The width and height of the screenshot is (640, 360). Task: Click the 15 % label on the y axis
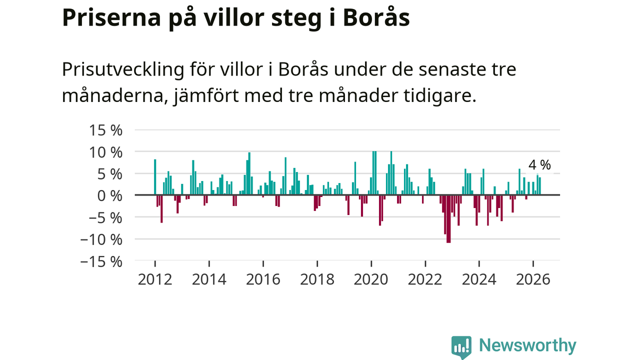[105, 130]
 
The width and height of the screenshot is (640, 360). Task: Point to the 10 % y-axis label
[105, 152]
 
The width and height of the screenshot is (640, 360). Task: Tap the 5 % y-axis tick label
[109, 174]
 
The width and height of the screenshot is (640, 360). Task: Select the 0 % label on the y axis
[109, 196]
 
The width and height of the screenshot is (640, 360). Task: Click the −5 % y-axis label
[105, 218]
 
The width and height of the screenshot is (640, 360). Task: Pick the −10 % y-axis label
[101, 239]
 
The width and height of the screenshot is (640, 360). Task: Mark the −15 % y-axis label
[101, 261]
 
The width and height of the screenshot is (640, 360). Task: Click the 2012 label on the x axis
[155, 279]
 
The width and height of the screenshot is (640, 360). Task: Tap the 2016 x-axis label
[263, 279]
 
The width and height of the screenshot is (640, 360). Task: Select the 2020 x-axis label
[371, 279]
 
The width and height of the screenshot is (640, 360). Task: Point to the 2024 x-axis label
[479, 279]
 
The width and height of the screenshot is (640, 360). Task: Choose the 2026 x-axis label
[533, 279]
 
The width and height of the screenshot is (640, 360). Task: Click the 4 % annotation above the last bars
[539, 165]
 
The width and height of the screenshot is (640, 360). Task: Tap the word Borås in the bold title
[376, 17]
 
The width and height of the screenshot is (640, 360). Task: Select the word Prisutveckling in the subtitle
[123, 70]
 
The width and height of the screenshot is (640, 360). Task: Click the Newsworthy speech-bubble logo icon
[461, 347]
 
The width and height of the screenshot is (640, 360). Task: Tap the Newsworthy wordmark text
[527, 345]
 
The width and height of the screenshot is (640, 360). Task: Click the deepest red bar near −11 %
[448, 219]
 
